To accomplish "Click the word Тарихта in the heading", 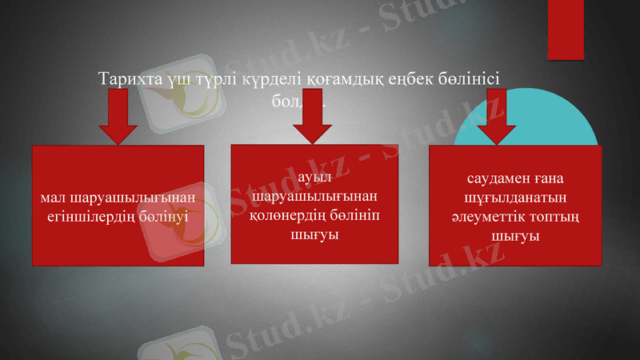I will point(126,79).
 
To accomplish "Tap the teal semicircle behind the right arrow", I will point(560,128).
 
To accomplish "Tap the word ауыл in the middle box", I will point(313,177).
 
